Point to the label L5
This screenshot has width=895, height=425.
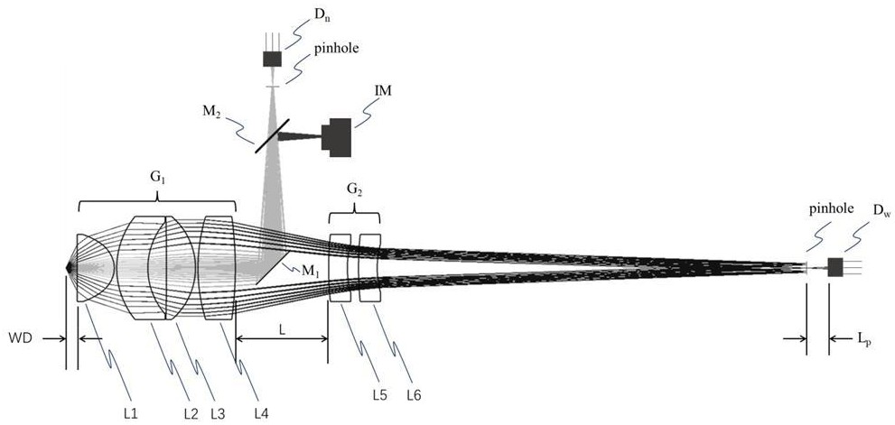379,394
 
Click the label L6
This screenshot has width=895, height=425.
414,394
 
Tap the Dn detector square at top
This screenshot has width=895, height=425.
272,60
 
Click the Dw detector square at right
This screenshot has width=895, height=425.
835,267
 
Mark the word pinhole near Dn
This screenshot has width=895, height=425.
336,49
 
